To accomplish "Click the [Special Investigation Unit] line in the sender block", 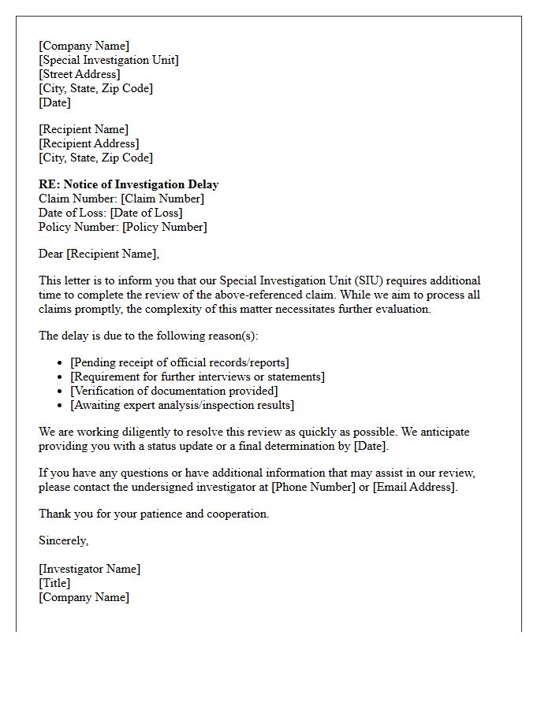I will coord(109,60).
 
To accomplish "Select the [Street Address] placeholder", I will coord(80,74).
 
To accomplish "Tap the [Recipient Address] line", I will coord(89,143).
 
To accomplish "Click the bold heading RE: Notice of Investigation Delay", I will coord(129,184).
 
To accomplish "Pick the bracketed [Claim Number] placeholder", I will coord(162,199).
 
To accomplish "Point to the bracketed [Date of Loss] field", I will coord(146,213).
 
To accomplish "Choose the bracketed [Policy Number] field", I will coord(164,227).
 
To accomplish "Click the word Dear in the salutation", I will coord(50,254).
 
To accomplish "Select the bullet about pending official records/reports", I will coord(180,362).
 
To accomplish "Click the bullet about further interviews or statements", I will coord(197,377).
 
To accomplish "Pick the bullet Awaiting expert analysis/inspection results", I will coord(182,405).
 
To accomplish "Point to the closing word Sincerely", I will coord(63,540).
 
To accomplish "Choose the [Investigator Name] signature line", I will coord(90,569).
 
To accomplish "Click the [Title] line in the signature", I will coord(54,583).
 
